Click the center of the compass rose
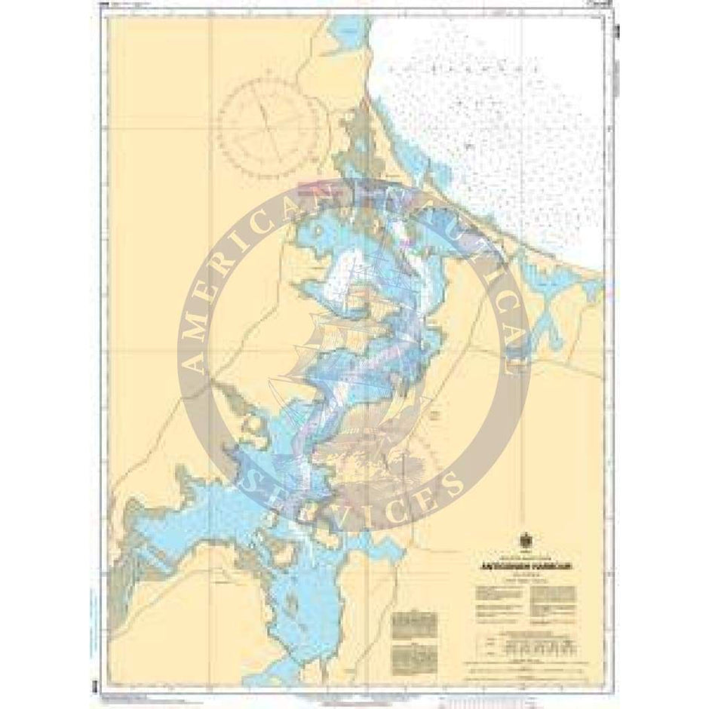tap(269, 121)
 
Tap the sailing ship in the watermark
tap(354, 354)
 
